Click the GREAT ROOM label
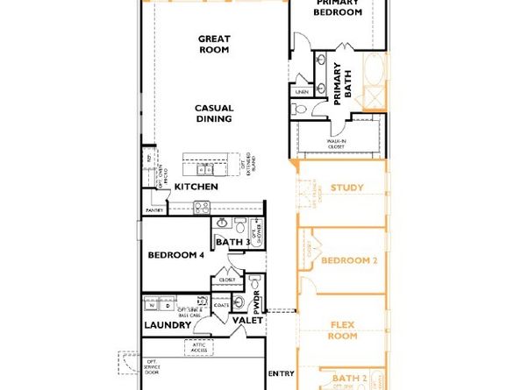point(213,44)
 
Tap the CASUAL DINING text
point(213,114)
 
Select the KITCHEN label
point(196,187)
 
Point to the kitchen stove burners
point(201,209)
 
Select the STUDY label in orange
point(347,188)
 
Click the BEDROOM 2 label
point(348,260)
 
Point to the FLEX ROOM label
point(343,330)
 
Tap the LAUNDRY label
point(168,325)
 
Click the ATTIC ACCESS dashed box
point(198,347)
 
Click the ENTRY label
point(281,373)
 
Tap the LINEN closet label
point(303,91)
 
